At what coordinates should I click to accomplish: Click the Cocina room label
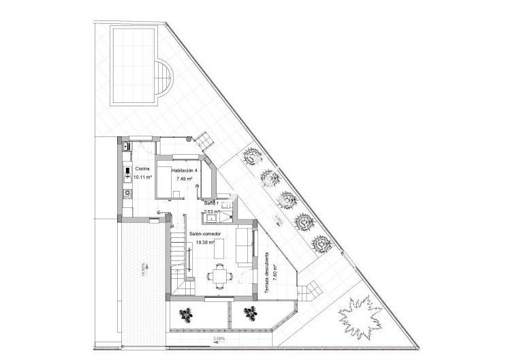coord(142,168)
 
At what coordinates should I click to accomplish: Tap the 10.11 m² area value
coord(142,177)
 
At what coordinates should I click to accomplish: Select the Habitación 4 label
coord(185,170)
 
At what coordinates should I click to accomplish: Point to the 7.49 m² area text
coord(184,179)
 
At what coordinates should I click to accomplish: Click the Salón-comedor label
coord(205,233)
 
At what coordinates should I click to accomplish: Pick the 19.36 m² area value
coord(205,241)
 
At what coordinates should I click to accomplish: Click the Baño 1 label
coord(211,203)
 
